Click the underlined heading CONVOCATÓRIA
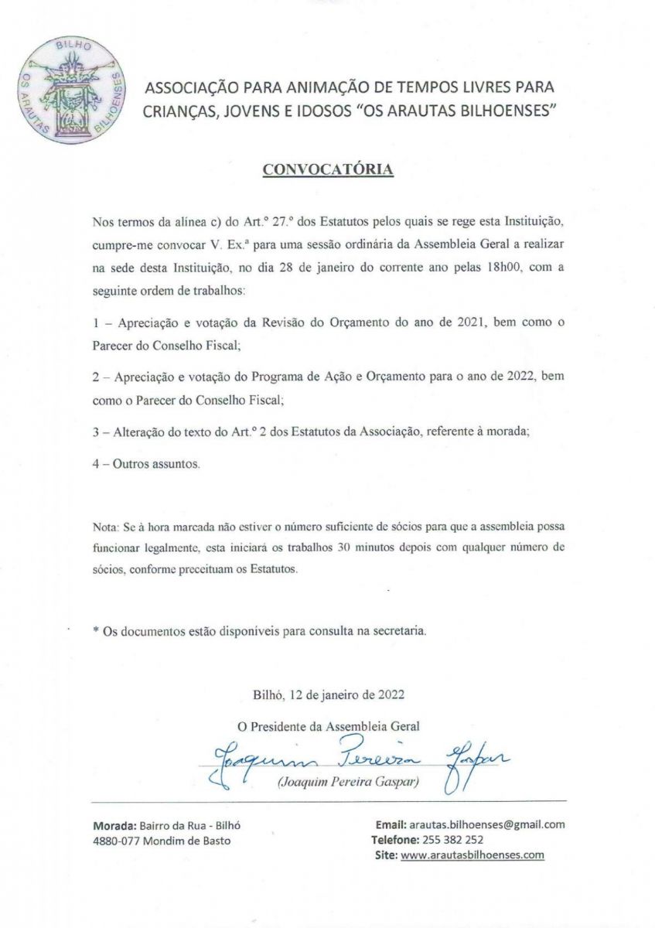pyautogui.click(x=329, y=169)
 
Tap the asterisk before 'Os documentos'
pyautogui.click(x=96, y=631)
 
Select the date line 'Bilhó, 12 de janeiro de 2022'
pyautogui.click(x=328, y=694)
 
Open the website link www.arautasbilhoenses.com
pyautogui.click(x=472, y=855)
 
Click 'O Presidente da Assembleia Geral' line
pyautogui.click(x=328, y=725)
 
